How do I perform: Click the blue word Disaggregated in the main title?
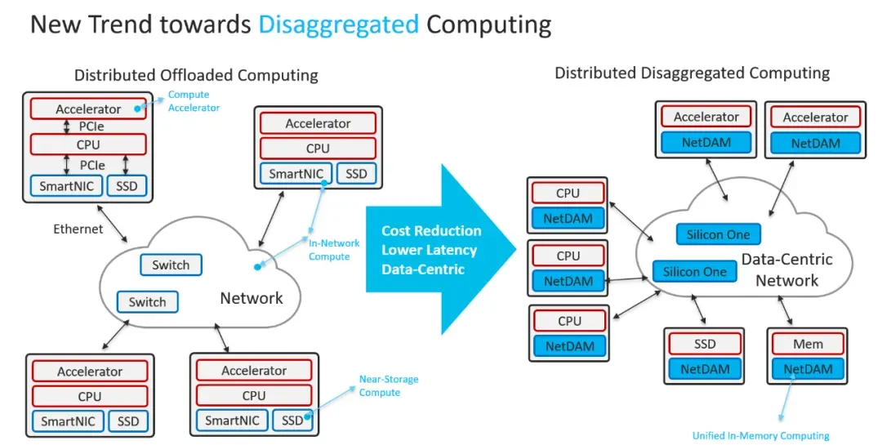click(338, 24)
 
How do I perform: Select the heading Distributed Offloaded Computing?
click(196, 75)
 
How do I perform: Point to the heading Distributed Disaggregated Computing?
click(692, 73)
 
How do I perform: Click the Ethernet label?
click(78, 229)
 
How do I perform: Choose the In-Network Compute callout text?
click(329, 250)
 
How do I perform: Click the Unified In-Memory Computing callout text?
click(760, 435)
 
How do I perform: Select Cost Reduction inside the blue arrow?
click(431, 231)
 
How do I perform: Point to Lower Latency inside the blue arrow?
click(429, 250)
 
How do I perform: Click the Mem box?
click(808, 344)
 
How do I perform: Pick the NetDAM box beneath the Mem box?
click(808, 369)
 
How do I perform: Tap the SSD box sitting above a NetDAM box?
click(704, 344)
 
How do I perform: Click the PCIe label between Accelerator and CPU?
click(91, 127)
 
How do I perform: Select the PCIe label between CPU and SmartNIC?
click(91, 164)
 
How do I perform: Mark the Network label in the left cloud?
click(252, 298)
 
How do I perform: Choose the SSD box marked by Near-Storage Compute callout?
click(292, 421)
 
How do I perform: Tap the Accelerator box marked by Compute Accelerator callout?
click(88, 109)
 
